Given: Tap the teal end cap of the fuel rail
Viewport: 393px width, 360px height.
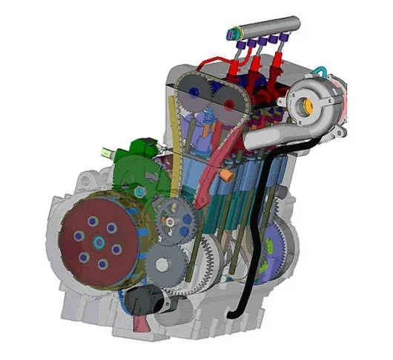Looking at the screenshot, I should click(x=236, y=33).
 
